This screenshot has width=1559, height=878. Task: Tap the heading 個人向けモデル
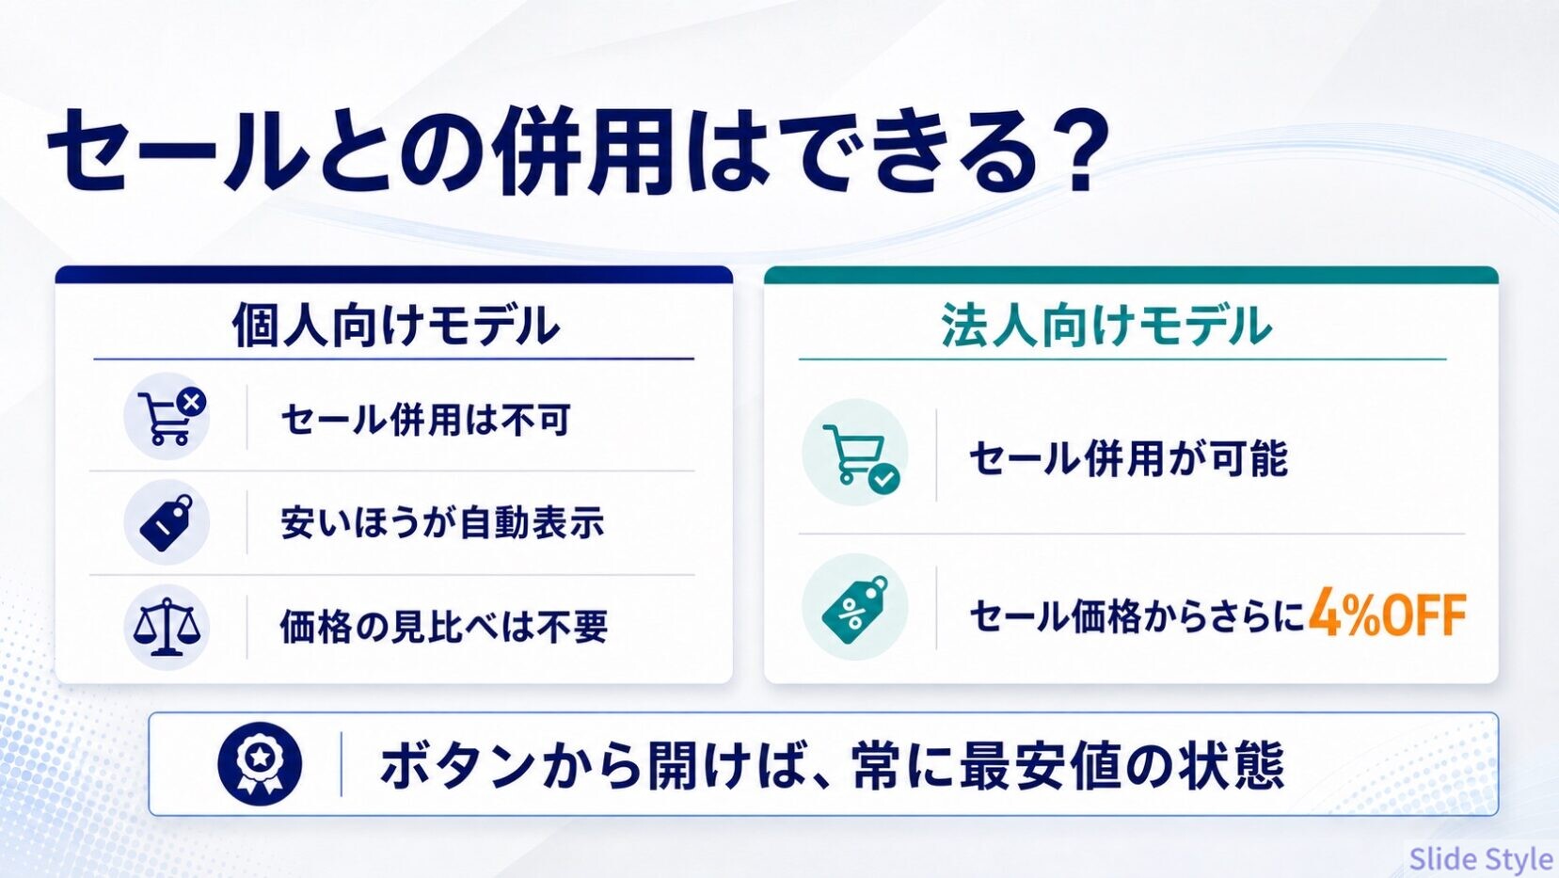tap(395, 325)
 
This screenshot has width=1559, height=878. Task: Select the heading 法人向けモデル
tap(1106, 325)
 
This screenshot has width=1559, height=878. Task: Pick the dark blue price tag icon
tap(167, 522)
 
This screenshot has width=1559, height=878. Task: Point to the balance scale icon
tap(167, 627)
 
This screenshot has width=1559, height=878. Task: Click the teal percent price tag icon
tap(855, 608)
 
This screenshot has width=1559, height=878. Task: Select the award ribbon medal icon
tap(260, 764)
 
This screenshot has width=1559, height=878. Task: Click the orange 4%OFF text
tap(1388, 615)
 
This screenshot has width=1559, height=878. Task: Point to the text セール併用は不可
tap(425, 419)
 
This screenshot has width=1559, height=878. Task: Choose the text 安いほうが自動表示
tap(442, 523)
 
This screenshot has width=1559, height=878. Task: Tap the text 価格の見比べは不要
tap(443, 626)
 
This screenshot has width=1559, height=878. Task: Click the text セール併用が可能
tap(1128, 458)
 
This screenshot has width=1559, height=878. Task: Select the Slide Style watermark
tap(1481, 858)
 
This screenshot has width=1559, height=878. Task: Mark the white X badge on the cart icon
tap(191, 402)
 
